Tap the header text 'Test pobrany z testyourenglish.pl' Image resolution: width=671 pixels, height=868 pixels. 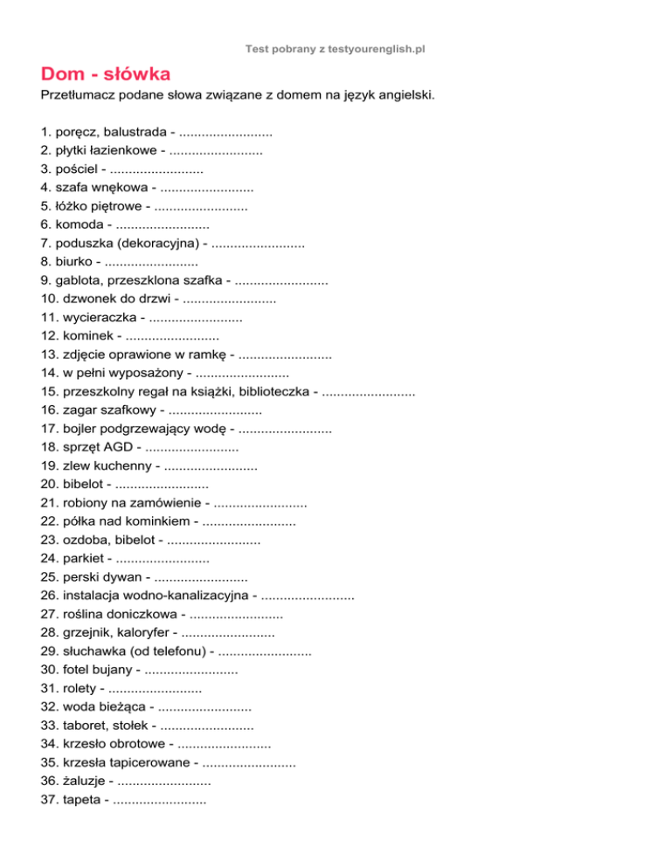pyautogui.click(x=335, y=51)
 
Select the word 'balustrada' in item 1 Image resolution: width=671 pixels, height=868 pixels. pyautogui.click(x=135, y=132)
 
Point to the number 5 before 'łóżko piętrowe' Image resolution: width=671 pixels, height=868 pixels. pyautogui.click(x=45, y=208)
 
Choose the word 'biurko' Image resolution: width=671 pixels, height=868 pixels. pyautogui.click(x=77, y=260)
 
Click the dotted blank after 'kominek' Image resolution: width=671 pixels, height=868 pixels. pyautogui.click(x=172, y=336)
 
